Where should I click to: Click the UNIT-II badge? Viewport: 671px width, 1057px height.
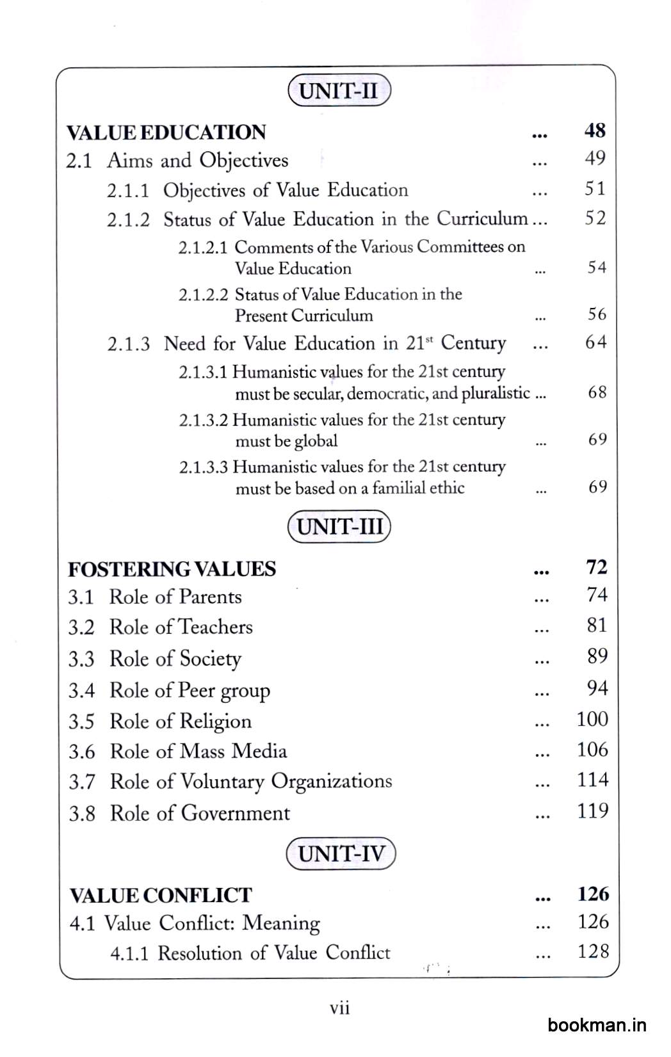click(339, 90)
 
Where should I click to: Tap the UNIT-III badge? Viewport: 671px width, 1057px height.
click(339, 527)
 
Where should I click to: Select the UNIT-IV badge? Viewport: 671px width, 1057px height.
click(341, 853)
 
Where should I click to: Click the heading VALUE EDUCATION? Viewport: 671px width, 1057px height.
click(166, 133)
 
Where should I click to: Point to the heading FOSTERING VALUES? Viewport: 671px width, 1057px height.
click(172, 569)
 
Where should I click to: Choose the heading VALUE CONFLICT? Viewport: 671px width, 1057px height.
click(161, 895)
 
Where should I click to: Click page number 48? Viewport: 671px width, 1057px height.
click(595, 131)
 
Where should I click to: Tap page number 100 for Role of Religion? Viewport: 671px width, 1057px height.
click(592, 719)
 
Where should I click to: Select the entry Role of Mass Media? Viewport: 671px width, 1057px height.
click(198, 751)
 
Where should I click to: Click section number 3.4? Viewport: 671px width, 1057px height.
click(81, 691)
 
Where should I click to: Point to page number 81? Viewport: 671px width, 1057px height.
click(597, 625)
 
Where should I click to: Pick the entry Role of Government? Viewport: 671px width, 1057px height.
click(200, 813)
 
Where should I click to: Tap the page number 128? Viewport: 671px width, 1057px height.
click(593, 952)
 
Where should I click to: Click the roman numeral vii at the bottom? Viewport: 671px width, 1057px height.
click(339, 1008)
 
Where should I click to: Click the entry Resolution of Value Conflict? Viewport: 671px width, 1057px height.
click(274, 953)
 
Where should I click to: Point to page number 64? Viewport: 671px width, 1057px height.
click(595, 343)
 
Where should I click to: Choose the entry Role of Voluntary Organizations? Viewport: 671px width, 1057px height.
click(251, 782)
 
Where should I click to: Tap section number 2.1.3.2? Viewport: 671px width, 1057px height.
click(203, 420)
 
